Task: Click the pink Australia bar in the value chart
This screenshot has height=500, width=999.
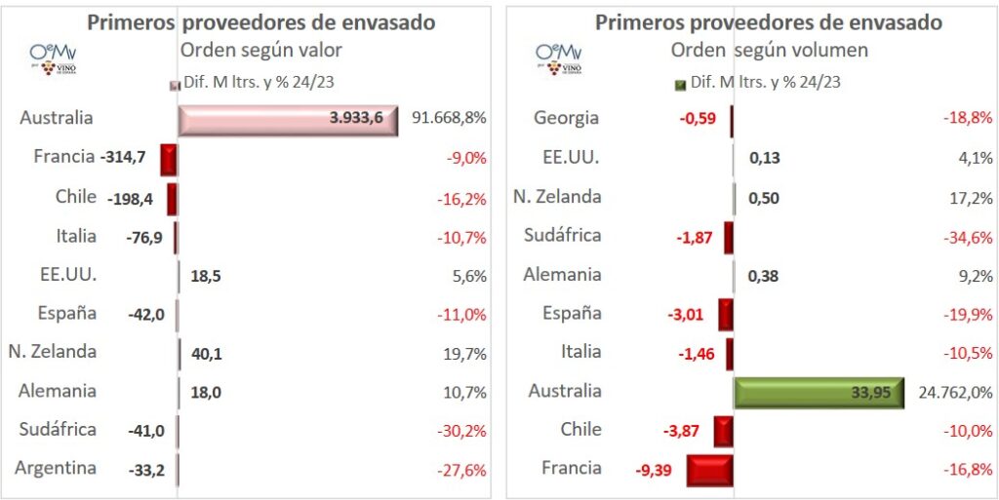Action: [288, 119]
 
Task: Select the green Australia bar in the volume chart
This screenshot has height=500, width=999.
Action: [819, 392]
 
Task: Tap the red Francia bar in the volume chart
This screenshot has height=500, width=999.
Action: [709, 470]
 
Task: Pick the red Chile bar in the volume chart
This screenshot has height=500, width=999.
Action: [723, 431]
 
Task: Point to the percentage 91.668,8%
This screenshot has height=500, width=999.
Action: [449, 119]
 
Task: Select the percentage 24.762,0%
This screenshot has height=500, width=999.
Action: [955, 392]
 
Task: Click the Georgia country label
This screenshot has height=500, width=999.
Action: [566, 119]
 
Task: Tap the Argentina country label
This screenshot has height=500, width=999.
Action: [56, 468]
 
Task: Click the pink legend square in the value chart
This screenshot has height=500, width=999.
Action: [175, 85]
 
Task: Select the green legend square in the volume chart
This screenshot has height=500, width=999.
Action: [680, 85]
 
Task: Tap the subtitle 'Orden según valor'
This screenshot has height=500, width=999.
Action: [261, 50]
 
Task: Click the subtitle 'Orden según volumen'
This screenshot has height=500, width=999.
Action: [770, 50]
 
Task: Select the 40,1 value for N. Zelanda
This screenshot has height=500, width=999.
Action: [206, 353]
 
